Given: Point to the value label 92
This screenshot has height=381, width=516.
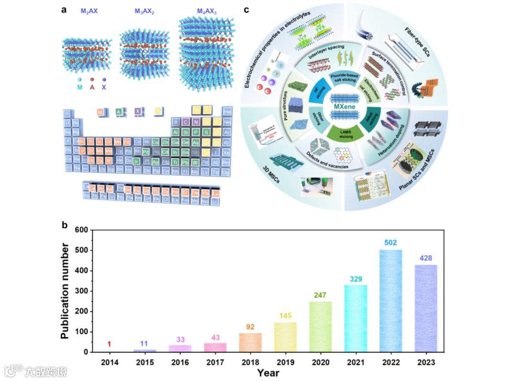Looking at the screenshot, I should click(250, 327).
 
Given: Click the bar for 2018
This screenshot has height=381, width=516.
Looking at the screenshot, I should click(250, 342).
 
